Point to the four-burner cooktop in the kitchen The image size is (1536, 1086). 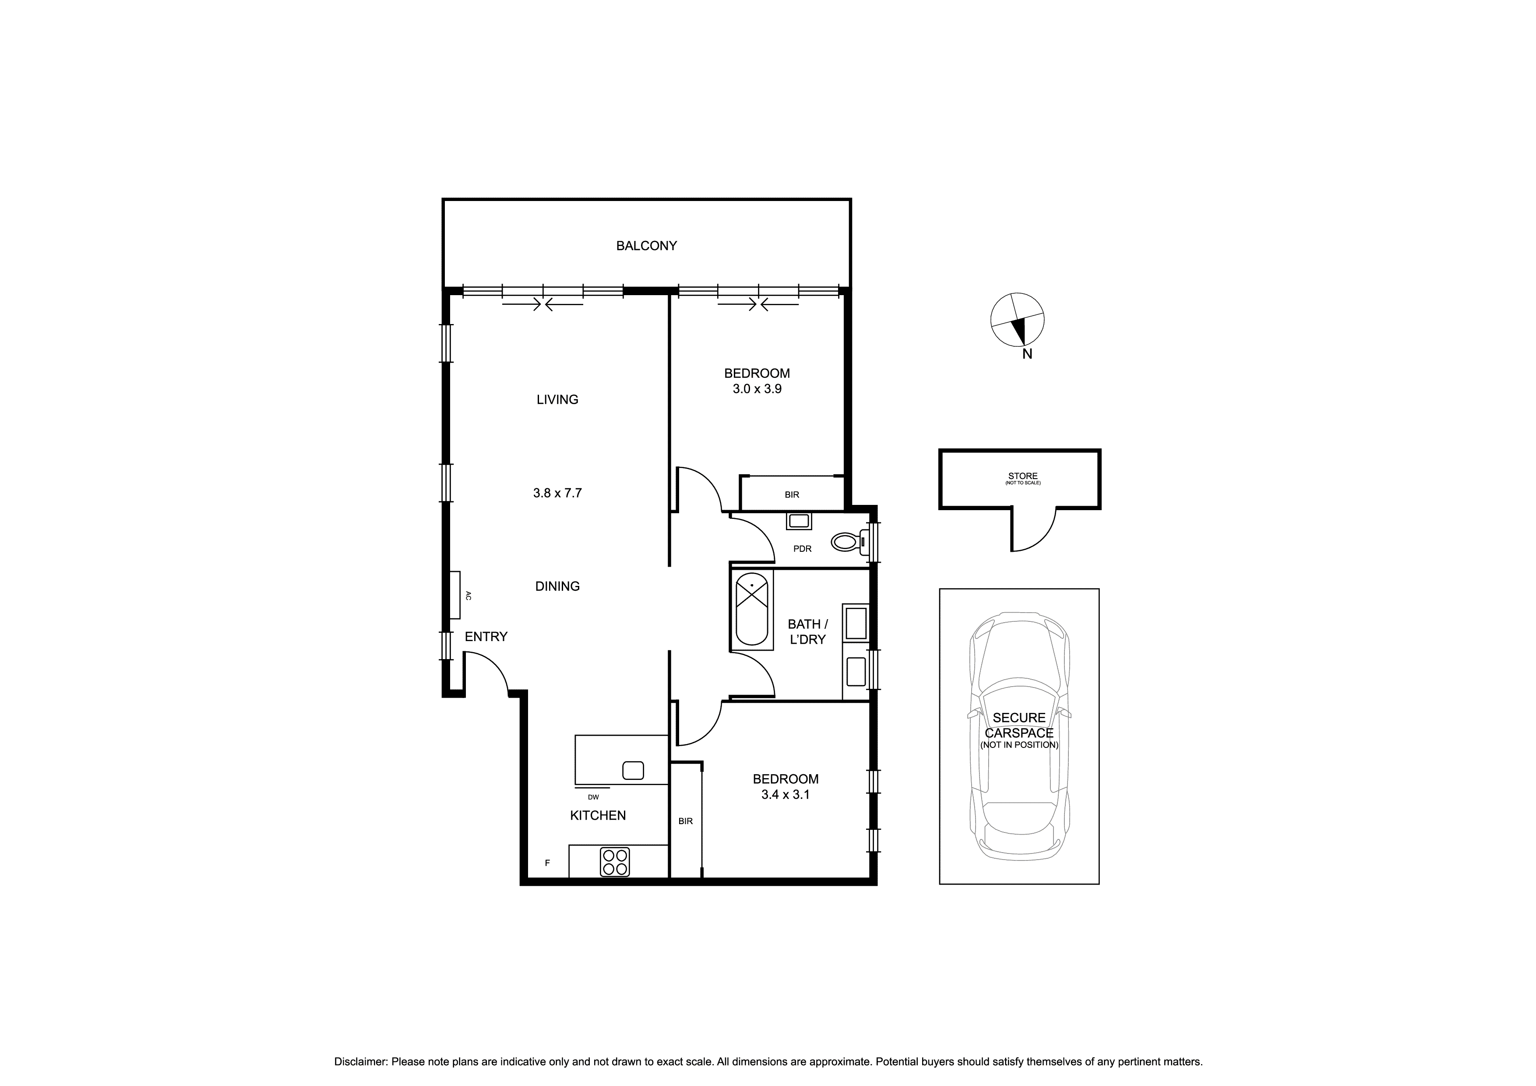pyautogui.click(x=614, y=862)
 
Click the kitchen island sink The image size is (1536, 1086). pyautogui.click(x=632, y=770)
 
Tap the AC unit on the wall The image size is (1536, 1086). pyautogui.click(x=455, y=595)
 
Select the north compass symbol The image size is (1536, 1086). pyautogui.click(x=1016, y=321)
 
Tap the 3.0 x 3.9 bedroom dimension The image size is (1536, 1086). pyautogui.click(x=757, y=389)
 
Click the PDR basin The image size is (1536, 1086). pyautogui.click(x=798, y=521)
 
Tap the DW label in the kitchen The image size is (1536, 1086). pyautogui.click(x=593, y=797)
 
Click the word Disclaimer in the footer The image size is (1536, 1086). pyautogui.click(x=361, y=1061)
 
